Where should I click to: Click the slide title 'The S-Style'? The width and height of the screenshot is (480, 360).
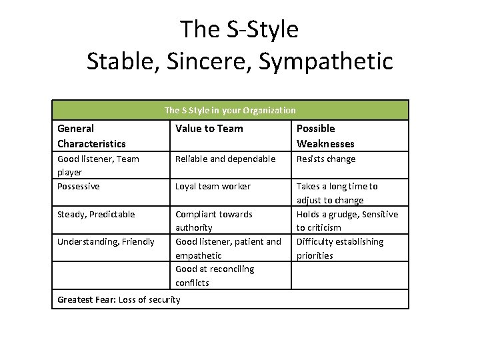239,29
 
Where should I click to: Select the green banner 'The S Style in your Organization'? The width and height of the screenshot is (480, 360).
230,110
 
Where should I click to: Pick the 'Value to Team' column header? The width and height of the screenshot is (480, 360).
209,129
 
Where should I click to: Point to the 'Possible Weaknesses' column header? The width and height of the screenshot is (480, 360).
325,136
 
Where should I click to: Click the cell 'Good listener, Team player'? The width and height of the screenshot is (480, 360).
98,165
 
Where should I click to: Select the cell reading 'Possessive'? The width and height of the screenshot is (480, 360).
79,187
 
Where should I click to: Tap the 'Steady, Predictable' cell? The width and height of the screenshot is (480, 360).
96,214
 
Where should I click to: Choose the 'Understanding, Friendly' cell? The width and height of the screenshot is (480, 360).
106,241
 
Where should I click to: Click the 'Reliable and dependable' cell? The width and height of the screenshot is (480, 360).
225,159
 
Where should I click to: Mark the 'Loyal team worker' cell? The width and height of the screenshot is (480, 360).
213,187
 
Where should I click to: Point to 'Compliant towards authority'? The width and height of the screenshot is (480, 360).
213,221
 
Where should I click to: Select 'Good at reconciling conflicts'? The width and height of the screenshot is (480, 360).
214,275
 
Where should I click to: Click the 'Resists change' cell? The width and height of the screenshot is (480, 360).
326,159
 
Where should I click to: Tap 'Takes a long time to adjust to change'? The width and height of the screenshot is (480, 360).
337,193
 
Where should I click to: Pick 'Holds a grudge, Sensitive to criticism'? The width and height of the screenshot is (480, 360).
347,221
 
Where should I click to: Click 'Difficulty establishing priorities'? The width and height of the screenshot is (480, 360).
340,248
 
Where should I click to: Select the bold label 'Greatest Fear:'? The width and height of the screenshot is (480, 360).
87,299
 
